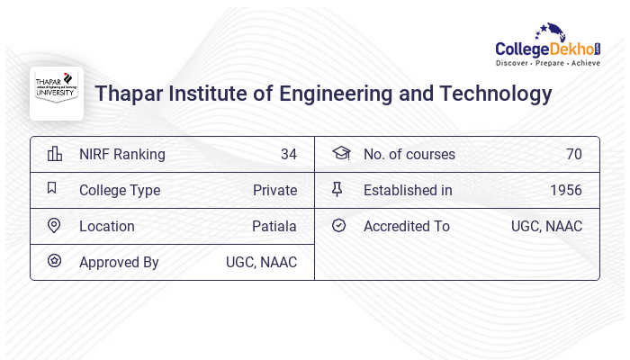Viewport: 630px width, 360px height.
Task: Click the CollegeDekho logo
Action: click(548, 48)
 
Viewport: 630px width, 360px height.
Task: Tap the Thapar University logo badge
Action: click(57, 94)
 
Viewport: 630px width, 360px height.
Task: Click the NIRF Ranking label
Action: click(122, 154)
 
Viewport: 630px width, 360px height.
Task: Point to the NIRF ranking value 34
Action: click(288, 154)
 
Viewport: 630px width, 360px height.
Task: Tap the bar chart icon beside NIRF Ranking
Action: click(55, 154)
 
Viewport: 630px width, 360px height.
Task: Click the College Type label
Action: click(120, 190)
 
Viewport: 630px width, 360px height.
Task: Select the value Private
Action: click(274, 190)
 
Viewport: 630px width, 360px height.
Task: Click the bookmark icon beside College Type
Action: click(52, 189)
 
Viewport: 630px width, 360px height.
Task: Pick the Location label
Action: click(107, 226)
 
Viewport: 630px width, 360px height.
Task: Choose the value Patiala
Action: click(274, 226)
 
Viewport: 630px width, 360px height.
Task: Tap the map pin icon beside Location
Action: click(54, 226)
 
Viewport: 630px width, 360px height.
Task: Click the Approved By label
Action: click(119, 262)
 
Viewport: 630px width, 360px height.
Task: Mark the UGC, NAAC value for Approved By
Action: click(261, 262)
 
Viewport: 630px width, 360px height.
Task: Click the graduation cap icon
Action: click(340, 154)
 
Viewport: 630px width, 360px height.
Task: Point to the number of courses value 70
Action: click(574, 154)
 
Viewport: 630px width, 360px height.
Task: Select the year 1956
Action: click(566, 190)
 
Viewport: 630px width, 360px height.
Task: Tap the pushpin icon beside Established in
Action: click(338, 190)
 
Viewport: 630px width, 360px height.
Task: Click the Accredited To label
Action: click(407, 226)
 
